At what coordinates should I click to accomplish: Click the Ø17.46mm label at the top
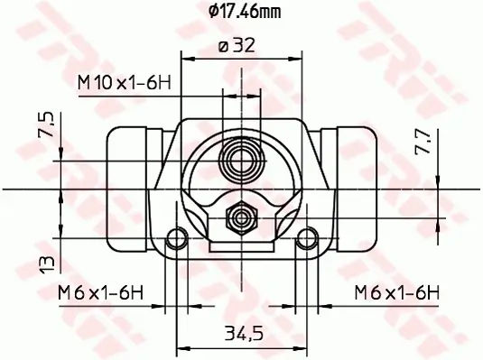click(241, 12)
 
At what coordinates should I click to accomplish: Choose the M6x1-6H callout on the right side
click(396, 292)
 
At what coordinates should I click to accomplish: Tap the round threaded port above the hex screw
click(241, 162)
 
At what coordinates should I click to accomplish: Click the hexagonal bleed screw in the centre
click(241, 217)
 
